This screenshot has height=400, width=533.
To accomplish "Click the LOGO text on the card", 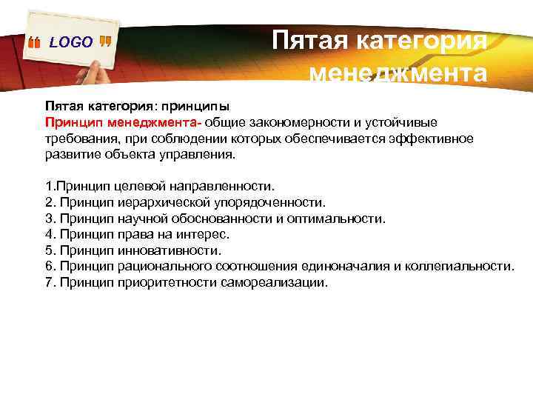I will click(x=71, y=43).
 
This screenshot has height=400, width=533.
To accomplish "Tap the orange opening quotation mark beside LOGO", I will click(x=35, y=44).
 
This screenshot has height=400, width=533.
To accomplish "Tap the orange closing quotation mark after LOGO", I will click(x=105, y=42).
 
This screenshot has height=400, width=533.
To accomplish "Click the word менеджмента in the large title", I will click(x=398, y=73).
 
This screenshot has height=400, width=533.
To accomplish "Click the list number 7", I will click(x=50, y=282).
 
